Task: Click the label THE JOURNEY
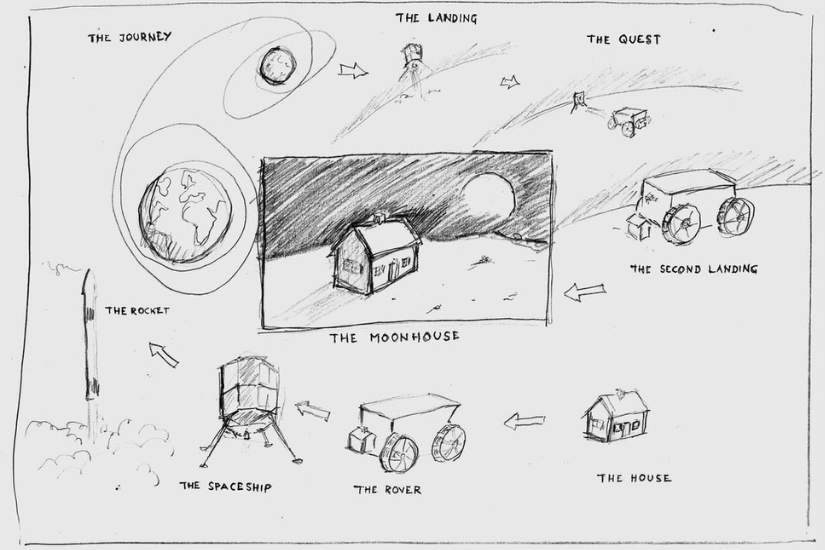pos(129,37)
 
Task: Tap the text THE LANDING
pos(436,18)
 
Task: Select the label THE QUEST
pos(623,39)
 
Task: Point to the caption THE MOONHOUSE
pos(395,337)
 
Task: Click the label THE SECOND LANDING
pos(694,269)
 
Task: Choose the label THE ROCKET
pos(137,311)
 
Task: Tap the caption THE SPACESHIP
pos(226,486)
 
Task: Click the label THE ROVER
pos(387,489)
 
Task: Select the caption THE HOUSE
pos(634,478)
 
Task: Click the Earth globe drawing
pos(185,214)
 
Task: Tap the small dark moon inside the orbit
pos(276,65)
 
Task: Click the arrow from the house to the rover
pos(524,421)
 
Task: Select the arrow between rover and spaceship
pos(313,410)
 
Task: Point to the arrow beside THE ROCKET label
pos(163,354)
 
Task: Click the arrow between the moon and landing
pos(353,70)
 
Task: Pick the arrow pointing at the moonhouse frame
pos(584,292)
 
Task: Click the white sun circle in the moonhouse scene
pos(489,200)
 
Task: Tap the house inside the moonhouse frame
pos(375,255)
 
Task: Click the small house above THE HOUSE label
pos(615,416)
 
